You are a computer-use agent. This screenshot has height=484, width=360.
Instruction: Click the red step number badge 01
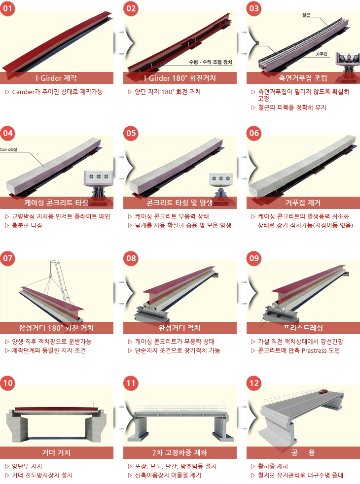click(x=7, y=8)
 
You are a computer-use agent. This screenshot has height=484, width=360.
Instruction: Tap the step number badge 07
click(x=7, y=258)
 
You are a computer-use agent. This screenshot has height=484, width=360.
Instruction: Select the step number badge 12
click(x=254, y=383)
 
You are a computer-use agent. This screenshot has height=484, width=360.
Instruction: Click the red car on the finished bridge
click(x=323, y=391)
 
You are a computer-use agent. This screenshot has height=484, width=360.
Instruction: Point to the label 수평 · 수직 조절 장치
click(x=211, y=62)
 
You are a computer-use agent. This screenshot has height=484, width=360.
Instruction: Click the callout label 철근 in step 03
click(x=306, y=15)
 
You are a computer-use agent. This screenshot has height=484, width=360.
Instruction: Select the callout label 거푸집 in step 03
click(x=322, y=54)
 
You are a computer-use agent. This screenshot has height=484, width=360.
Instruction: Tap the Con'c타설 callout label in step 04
click(x=9, y=150)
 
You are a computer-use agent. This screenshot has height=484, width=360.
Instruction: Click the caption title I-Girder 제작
click(x=56, y=78)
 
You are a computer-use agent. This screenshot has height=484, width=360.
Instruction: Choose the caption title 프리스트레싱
click(x=303, y=328)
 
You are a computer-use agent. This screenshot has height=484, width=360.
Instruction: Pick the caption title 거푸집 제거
click(x=303, y=203)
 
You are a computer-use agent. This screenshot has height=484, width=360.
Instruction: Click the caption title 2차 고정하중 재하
click(x=180, y=452)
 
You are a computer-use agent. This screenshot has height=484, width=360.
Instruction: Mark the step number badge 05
click(x=131, y=133)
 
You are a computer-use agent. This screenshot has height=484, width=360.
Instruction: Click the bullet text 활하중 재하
click(x=273, y=466)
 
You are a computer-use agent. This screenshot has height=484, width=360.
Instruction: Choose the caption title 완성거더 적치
click(x=180, y=328)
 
